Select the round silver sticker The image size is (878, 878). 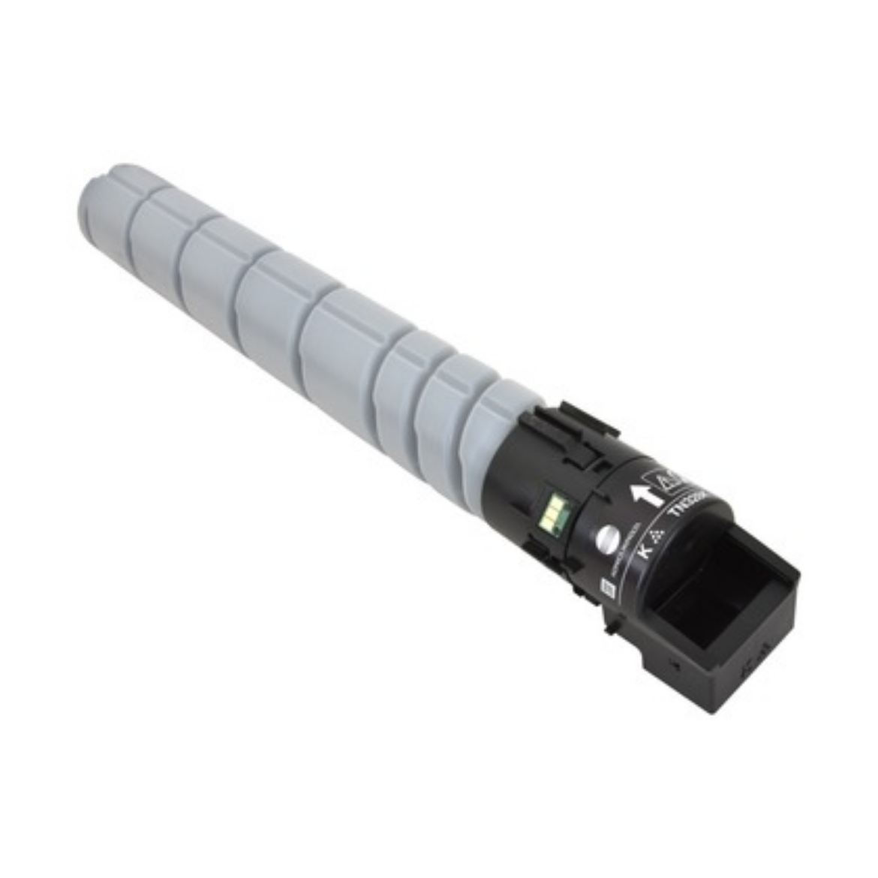606,539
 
